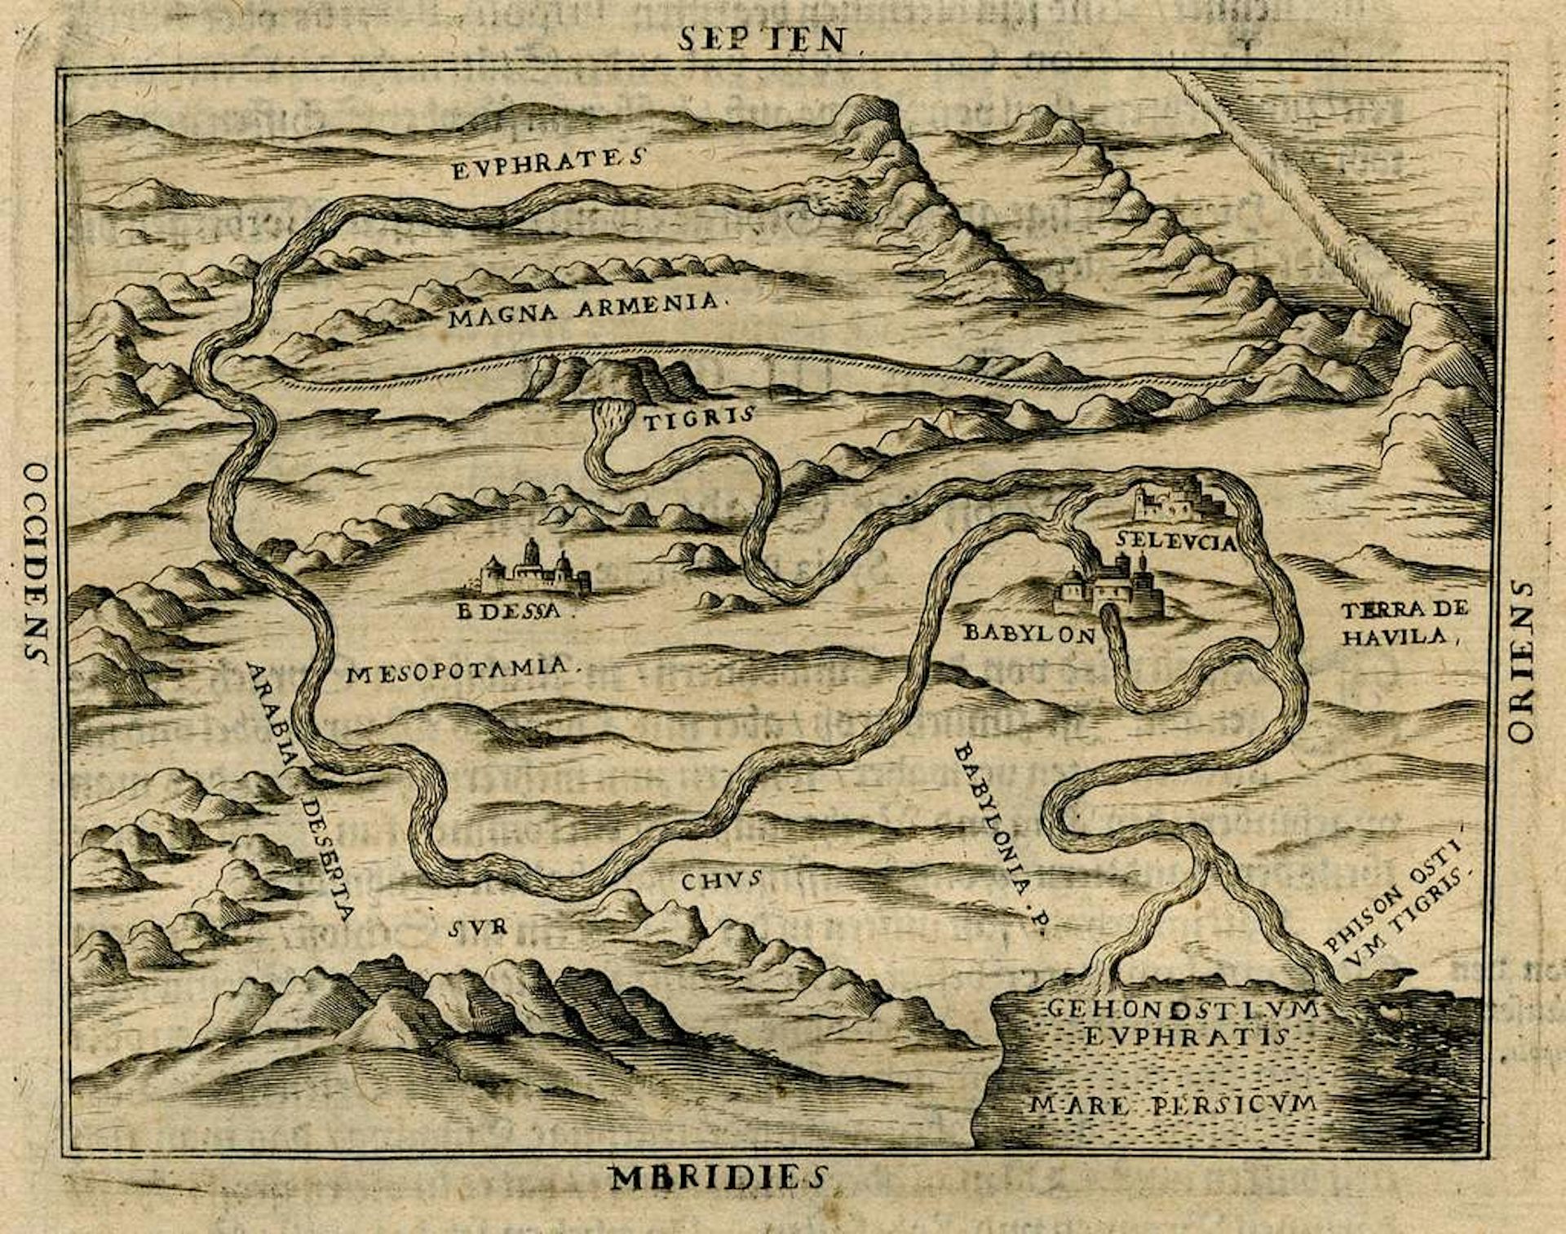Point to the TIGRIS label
point(697,421)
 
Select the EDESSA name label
point(509,611)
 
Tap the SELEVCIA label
point(1176,542)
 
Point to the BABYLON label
point(1029,634)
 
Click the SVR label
point(479,927)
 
